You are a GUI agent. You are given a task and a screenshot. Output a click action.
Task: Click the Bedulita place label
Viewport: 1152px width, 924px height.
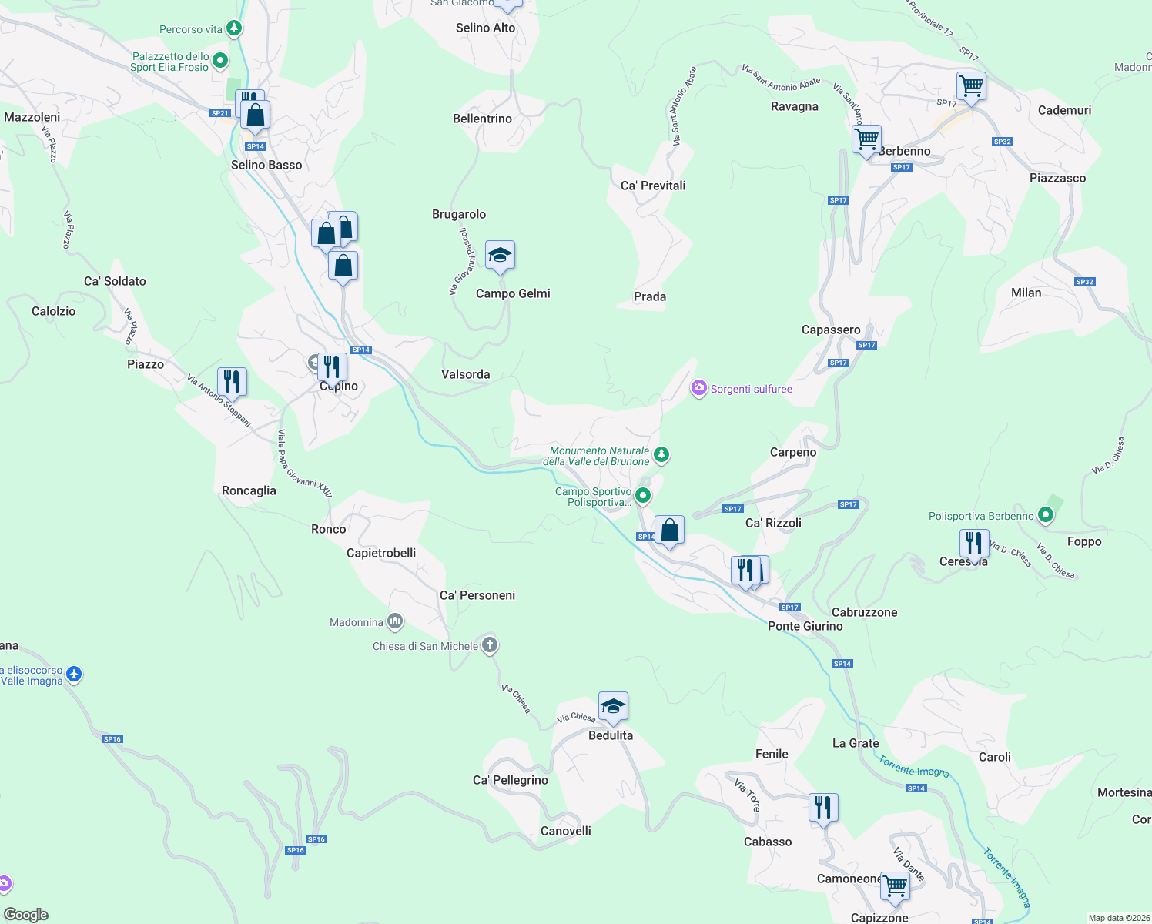(x=610, y=735)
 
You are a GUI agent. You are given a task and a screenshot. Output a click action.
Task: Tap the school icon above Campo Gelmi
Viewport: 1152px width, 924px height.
(x=500, y=256)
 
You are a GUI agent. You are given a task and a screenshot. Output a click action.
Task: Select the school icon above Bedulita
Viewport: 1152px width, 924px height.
(x=613, y=707)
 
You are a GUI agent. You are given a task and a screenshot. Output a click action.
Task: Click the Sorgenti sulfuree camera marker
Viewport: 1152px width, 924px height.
(x=699, y=388)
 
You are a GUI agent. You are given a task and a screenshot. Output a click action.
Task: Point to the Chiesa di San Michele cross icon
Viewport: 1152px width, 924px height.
(x=490, y=645)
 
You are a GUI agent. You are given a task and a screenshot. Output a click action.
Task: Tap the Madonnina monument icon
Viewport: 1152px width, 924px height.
(x=395, y=621)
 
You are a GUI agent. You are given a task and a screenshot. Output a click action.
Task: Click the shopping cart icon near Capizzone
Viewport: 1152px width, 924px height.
(x=895, y=886)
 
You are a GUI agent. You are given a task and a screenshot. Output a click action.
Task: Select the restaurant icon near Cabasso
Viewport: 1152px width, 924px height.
(x=823, y=808)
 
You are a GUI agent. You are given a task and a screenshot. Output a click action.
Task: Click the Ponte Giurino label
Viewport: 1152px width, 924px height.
(x=805, y=626)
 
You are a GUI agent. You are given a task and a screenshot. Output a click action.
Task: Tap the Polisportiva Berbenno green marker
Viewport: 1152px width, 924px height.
(x=1045, y=514)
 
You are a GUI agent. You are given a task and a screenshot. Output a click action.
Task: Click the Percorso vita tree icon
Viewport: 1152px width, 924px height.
(x=234, y=29)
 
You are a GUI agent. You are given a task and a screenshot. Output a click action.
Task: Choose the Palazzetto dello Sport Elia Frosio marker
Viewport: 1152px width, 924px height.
(x=220, y=60)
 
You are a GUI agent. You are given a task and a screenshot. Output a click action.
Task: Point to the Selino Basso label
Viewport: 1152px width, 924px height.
(x=266, y=165)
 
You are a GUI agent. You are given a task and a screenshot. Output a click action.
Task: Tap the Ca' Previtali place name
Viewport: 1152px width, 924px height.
(x=652, y=186)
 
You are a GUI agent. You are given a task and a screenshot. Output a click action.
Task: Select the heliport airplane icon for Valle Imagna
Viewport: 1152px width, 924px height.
(x=74, y=675)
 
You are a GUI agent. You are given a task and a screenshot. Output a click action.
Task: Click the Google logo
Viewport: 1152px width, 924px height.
(x=26, y=914)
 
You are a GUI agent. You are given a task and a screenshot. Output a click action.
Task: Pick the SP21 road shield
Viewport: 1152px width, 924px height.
(x=219, y=113)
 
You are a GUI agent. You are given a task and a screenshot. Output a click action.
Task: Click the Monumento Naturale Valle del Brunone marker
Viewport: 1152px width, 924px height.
(x=661, y=455)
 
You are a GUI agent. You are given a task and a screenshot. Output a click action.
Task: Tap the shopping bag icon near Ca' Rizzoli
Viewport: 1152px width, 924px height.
(x=669, y=531)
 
